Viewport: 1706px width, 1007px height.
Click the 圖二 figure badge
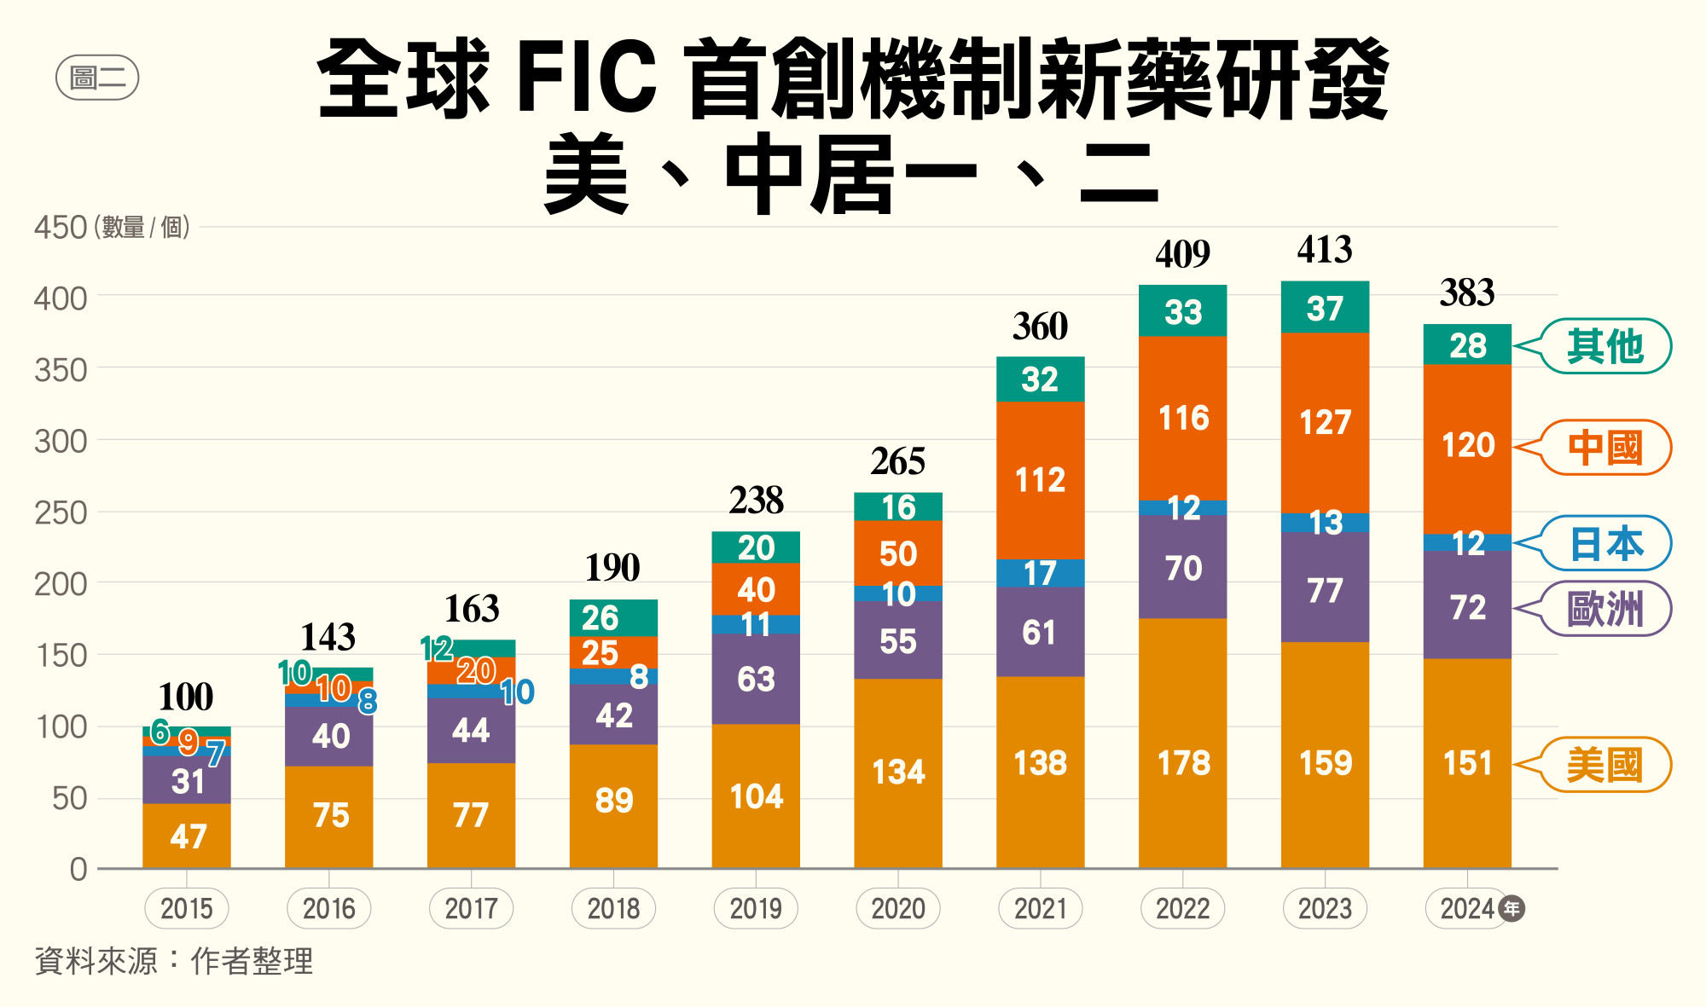[97, 78]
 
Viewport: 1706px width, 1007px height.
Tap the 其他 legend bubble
[1605, 346]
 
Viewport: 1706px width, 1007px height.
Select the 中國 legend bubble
[1605, 448]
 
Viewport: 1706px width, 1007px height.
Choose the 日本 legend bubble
[1605, 544]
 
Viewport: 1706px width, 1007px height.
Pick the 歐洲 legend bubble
[1605, 609]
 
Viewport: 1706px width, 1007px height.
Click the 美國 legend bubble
[1605, 765]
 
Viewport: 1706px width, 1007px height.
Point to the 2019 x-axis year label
[756, 909]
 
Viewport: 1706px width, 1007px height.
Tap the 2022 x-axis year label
[1182, 909]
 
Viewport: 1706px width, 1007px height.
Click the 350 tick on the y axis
[61, 370]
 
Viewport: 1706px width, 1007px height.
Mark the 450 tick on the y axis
[61, 228]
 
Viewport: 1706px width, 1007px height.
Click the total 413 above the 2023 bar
[1325, 250]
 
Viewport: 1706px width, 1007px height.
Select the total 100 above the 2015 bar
[186, 697]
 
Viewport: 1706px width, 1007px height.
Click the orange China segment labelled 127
[1325, 422]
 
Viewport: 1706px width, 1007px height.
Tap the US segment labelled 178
[1183, 762]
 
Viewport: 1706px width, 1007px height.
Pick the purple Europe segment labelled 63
[756, 679]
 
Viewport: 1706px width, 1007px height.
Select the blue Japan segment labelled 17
[1040, 573]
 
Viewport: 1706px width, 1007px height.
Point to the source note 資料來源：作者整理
[174, 961]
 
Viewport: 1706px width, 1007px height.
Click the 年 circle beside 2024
[1512, 909]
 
